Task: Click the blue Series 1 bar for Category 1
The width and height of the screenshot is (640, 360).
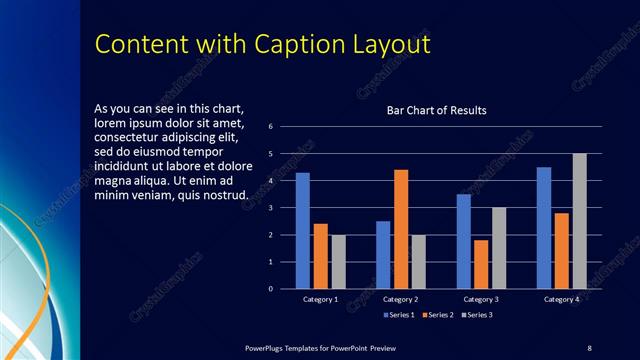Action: [x=303, y=231]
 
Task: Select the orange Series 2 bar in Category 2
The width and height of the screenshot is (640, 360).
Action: [x=401, y=229]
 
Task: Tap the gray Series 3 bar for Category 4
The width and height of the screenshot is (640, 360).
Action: [x=579, y=221]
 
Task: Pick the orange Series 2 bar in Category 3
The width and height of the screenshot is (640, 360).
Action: [x=481, y=264]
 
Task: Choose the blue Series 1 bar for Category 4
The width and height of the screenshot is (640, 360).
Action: [x=544, y=228]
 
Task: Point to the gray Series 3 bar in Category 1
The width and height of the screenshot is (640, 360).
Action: [x=338, y=262]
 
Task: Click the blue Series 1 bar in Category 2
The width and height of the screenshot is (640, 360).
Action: [x=383, y=255]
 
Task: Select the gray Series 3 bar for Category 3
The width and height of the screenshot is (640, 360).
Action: [x=498, y=248]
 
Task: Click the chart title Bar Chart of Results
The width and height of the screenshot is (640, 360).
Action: [x=436, y=110]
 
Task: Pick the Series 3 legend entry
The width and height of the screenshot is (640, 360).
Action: [x=478, y=315]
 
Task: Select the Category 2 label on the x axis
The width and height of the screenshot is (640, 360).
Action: [x=401, y=299]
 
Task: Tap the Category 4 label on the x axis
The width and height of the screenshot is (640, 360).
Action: [x=561, y=299]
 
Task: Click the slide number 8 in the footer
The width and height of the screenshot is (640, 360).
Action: [x=589, y=347]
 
